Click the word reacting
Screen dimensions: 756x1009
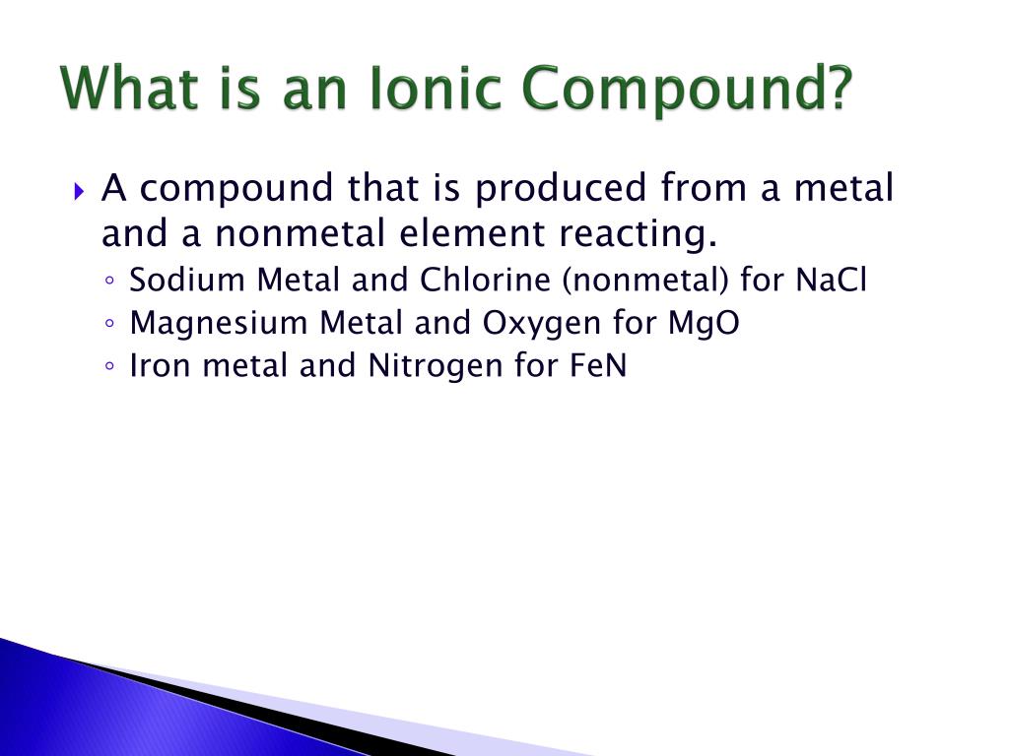[x=636, y=236]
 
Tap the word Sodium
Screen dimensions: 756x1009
[x=187, y=281]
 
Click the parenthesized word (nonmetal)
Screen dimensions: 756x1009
[x=646, y=282]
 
